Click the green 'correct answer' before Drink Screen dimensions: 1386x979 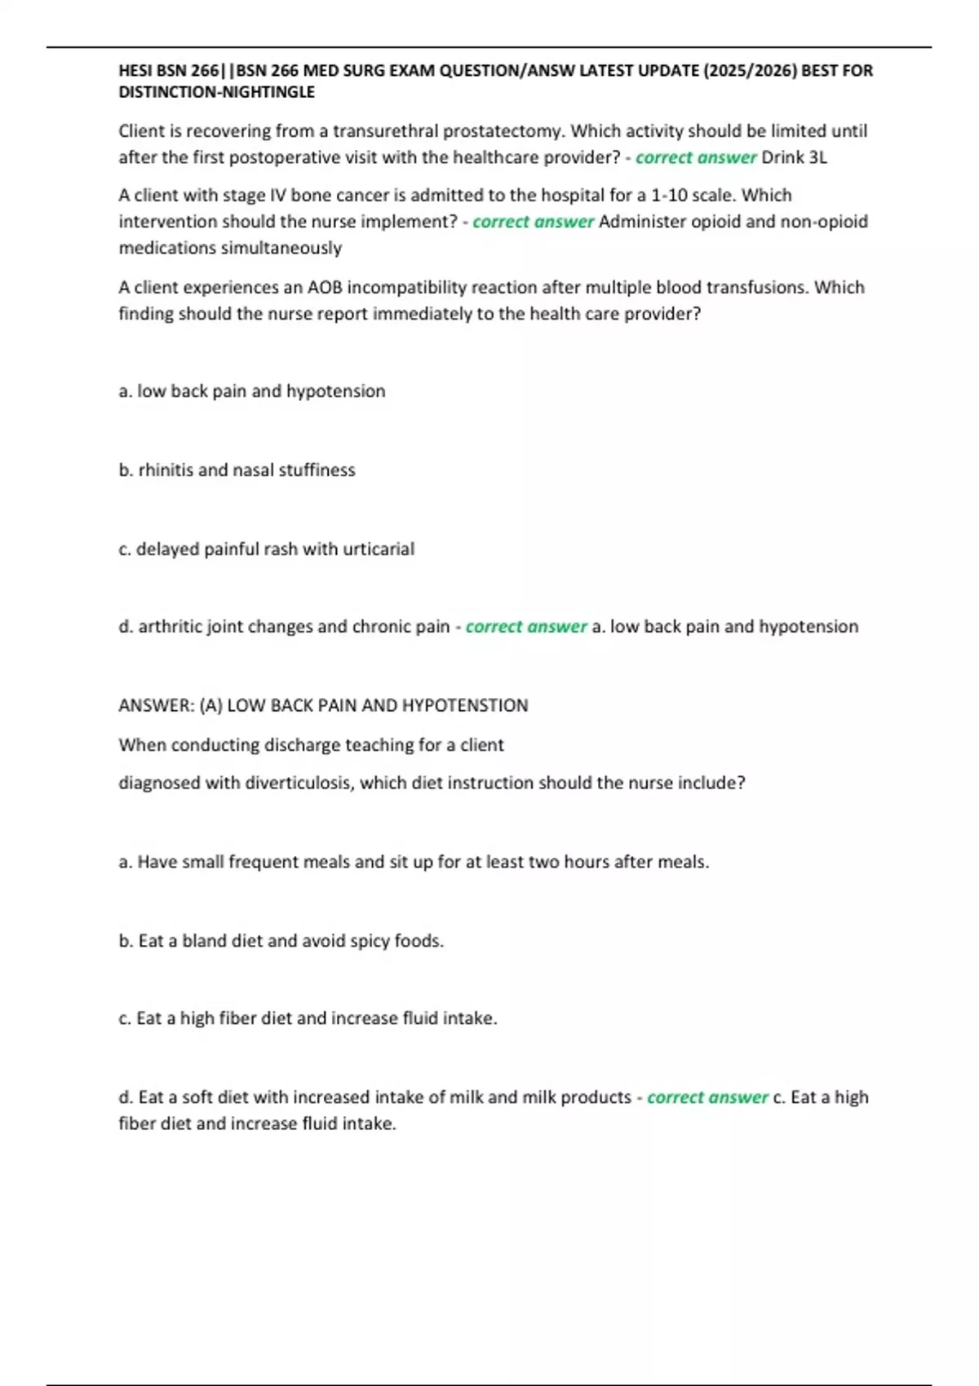point(696,157)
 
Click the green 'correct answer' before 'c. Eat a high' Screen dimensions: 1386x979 point(707,1097)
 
